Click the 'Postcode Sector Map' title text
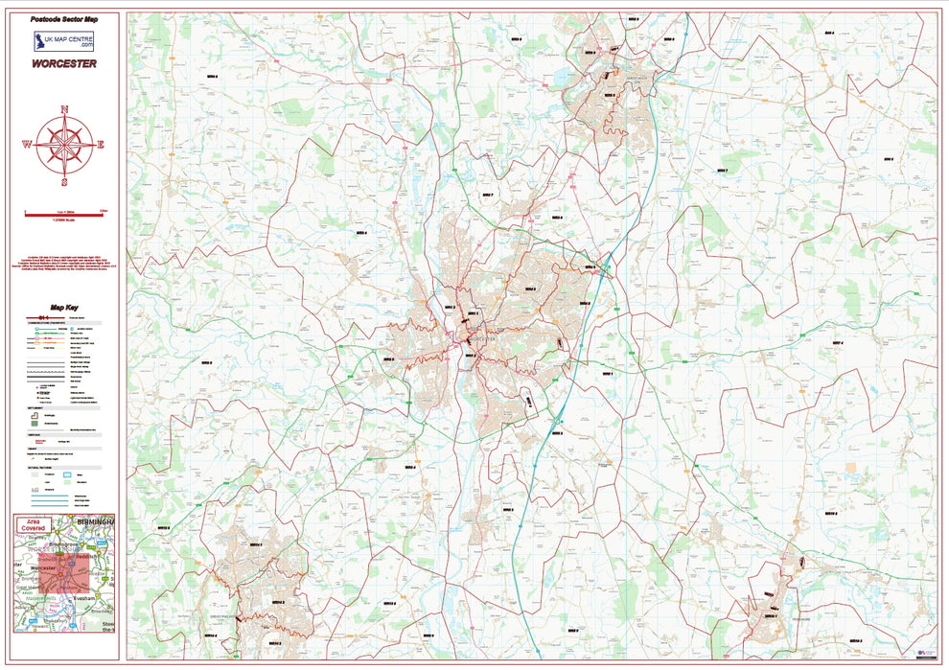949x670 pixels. point(64,19)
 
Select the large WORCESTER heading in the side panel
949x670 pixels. point(64,63)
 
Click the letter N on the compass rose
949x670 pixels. point(64,109)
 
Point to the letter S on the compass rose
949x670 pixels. point(64,182)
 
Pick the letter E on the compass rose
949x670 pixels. point(101,146)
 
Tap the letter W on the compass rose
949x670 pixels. point(28,146)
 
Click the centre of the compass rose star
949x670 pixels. point(64,146)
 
